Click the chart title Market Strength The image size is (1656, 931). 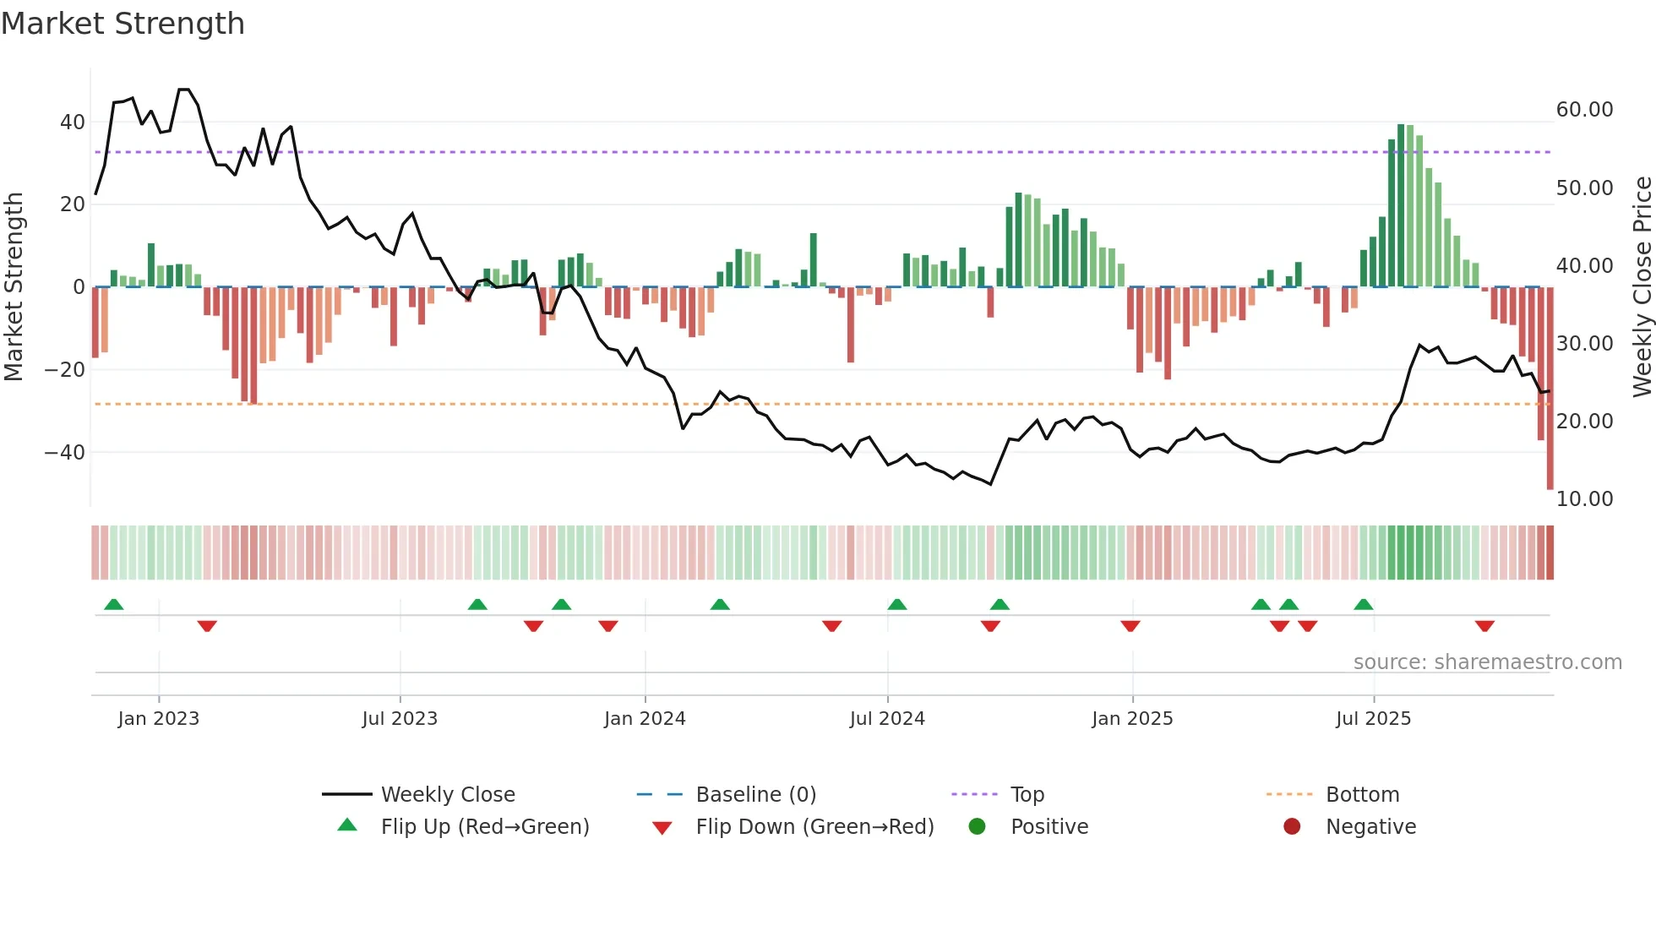(x=123, y=24)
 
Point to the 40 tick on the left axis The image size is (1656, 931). (x=73, y=122)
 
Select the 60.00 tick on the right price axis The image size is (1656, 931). (x=1584, y=110)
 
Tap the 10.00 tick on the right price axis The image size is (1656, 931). (x=1584, y=499)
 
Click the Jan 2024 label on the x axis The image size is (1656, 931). (x=645, y=719)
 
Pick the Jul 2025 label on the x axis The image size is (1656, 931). (x=1373, y=719)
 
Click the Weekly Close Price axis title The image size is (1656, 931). (x=1642, y=287)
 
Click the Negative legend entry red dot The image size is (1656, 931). (x=1292, y=827)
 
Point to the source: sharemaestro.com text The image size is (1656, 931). (x=1487, y=662)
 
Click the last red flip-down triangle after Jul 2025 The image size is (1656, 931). (x=1484, y=626)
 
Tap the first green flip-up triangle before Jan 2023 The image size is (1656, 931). (x=114, y=604)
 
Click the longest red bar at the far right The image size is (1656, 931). (x=1550, y=389)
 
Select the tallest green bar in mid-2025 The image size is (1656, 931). (x=1401, y=206)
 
